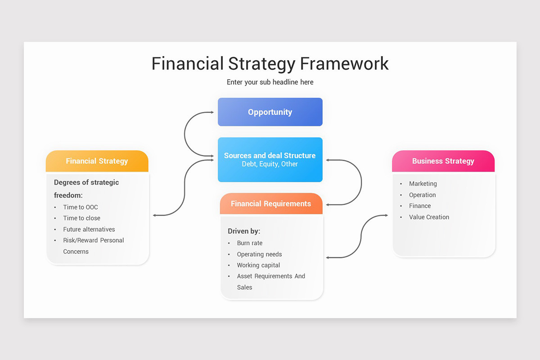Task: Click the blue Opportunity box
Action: (x=270, y=112)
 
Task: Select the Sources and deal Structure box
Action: (x=270, y=159)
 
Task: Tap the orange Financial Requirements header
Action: (x=271, y=204)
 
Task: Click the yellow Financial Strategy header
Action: (x=97, y=161)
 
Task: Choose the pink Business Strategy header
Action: (x=443, y=161)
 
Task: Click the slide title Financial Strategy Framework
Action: (x=270, y=63)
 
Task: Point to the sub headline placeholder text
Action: (x=270, y=82)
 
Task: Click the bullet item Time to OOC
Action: (x=81, y=207)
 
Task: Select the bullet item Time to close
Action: (x=82, y=218)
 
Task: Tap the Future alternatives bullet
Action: (x=89, y=229)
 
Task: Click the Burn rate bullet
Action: (x=250, y=243)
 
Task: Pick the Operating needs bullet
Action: (x=260, y=254)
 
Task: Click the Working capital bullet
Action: (x=259, y=265)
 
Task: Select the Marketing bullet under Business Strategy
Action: (x=423, y=184)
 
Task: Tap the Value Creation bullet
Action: (x=429, y=217)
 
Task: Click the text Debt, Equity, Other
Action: (x=270, y=164)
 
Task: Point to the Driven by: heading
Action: (x=244, y=231)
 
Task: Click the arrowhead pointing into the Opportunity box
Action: (x=212, y=112)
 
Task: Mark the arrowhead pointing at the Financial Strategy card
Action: (x=154, y=216)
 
